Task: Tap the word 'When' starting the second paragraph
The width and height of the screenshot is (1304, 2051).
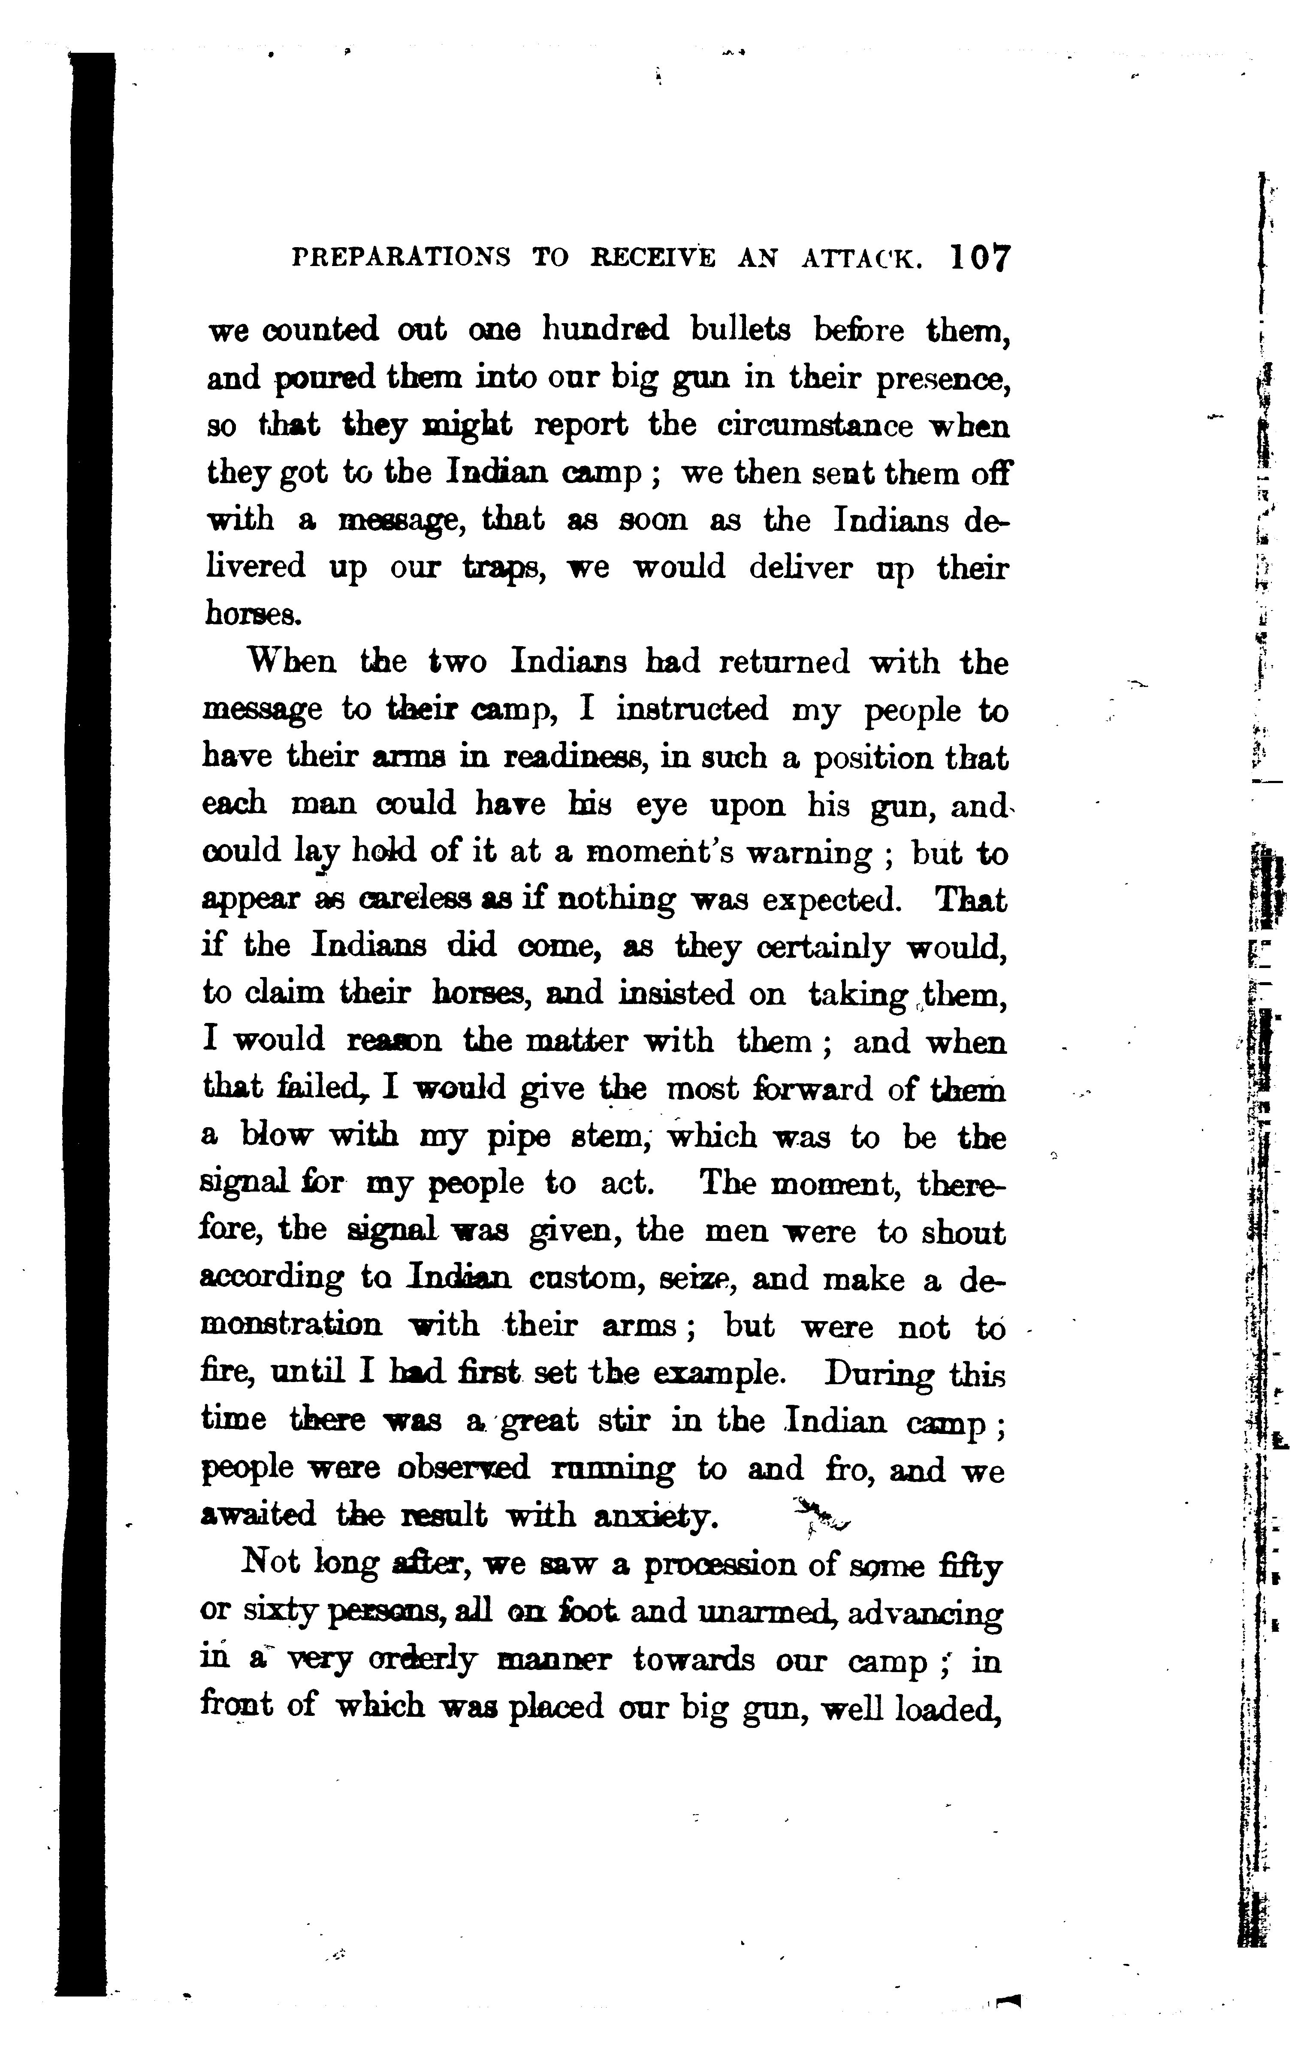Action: click(x=285, y=662)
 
